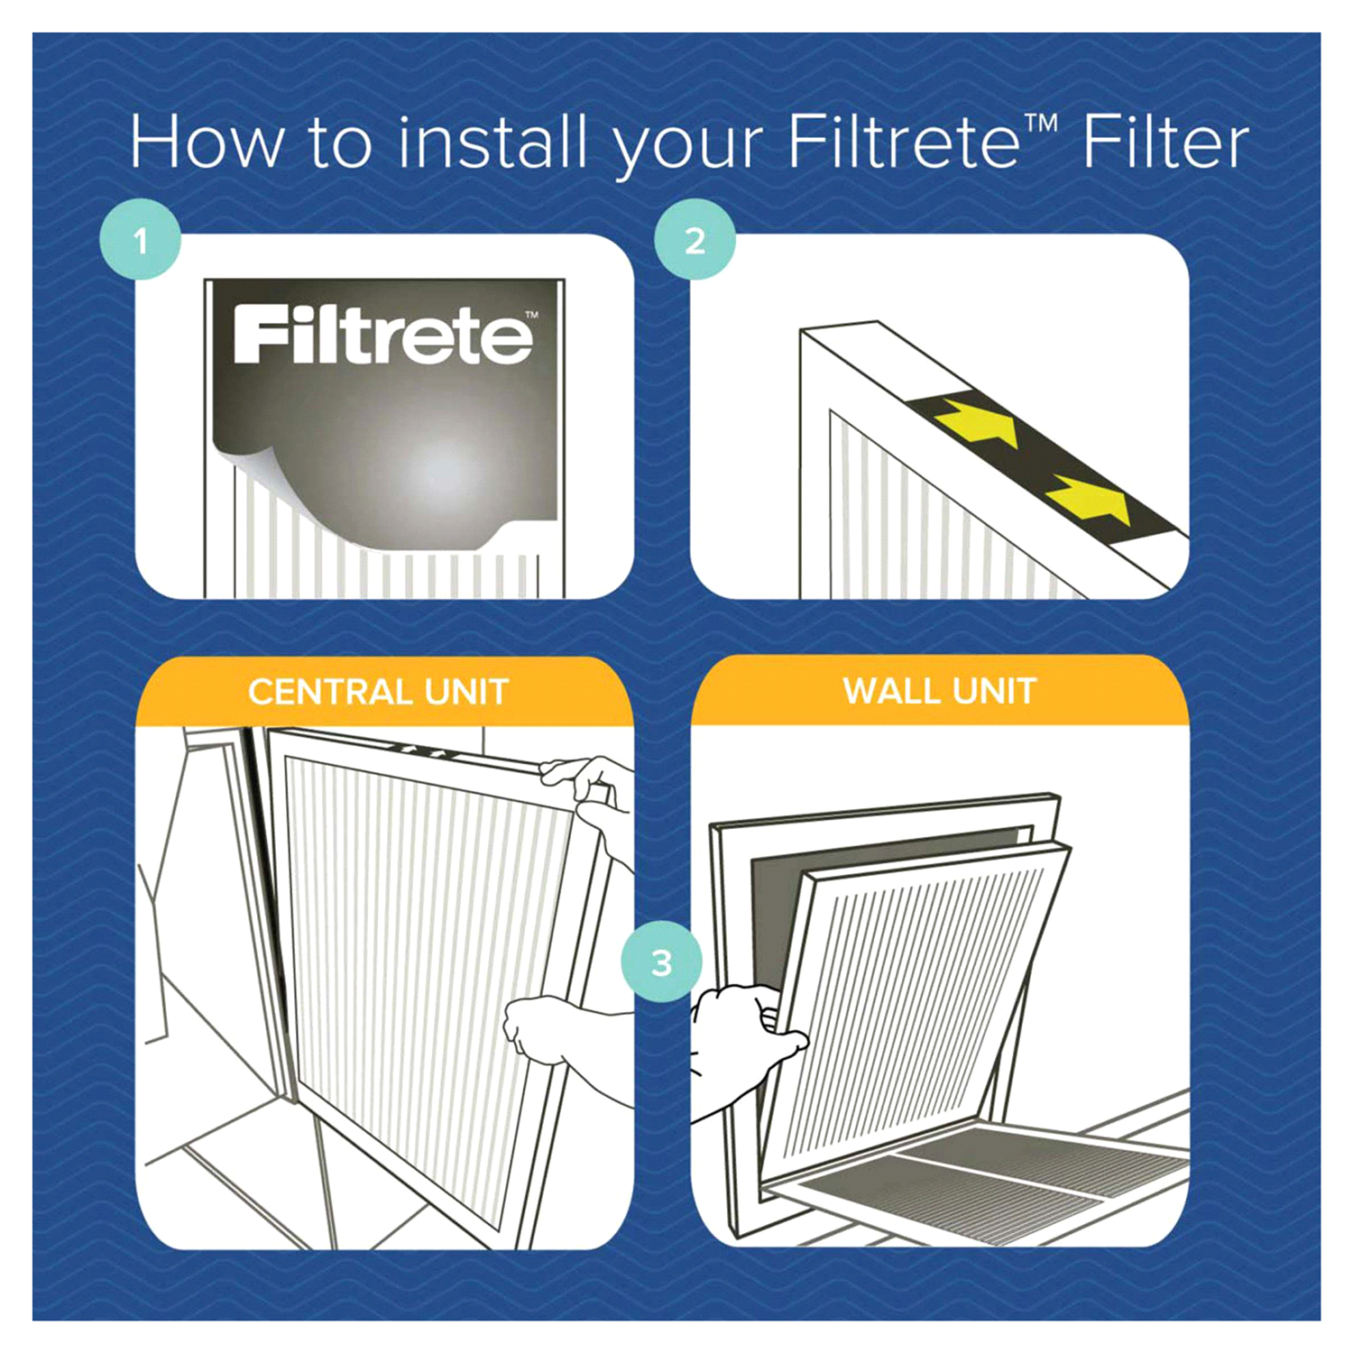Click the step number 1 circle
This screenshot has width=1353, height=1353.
click(141, 241)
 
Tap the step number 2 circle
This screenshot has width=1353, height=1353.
click(695, 241)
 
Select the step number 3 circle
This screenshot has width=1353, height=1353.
click(661, 962)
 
